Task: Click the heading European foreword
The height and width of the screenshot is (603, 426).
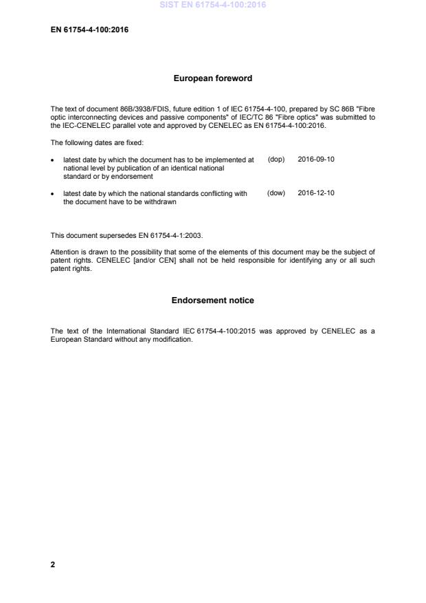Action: tap(212, 78)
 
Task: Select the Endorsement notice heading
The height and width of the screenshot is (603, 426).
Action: tap(212, 300)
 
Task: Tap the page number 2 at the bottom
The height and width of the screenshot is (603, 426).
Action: tap(53, 564)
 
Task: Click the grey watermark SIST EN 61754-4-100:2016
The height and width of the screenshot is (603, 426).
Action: tap(212, 5)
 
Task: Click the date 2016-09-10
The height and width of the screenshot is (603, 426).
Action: tap(316, 159)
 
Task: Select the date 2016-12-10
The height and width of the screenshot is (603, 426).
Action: tap(316, 193)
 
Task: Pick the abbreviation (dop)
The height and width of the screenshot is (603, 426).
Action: tap(276, 159)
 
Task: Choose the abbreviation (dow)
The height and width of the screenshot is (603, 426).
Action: tap(276, 193)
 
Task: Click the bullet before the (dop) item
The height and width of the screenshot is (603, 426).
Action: tap(54, 160)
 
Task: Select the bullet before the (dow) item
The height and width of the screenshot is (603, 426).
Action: tap(54, 194)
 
